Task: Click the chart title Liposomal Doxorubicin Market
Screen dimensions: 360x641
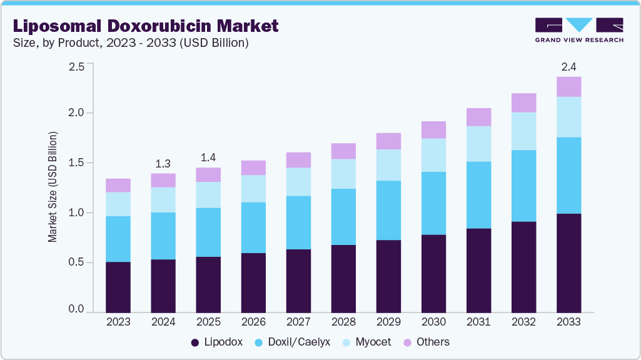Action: pyautogui.click(x=144, y=26)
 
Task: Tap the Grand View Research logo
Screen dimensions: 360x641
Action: pyautogui.click(x=578, y=30)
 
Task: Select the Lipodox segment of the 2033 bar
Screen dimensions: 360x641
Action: pyautogui.click(x=568, y=262)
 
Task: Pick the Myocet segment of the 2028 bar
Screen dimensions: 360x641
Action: pyautogui.click(x=343, y=174)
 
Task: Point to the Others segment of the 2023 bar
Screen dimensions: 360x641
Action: pyautogui.click(x=118, y=185)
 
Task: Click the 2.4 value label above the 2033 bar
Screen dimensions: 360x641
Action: pyautogui.click(x=568, y=66)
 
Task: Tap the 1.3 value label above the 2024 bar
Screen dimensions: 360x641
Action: pyautogui.click(x=163, y=163)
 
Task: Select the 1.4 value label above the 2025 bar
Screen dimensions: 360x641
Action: pyautogui.click(x=208, y=157)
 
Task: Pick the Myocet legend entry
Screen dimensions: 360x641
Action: pyautogui.click(x=367, y=342)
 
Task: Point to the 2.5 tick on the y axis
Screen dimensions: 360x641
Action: pyautogui.click(x=76, y=67)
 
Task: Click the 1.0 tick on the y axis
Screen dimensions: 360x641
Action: pyautogui.click(x=76, y=213)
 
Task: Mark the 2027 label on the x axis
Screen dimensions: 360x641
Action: pyautogui.click(x=298, y=322)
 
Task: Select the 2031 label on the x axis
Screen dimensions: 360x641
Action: pyautogui.click(x=478, y=322)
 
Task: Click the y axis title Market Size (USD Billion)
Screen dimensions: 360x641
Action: pyautogui.click(x=53, y=187)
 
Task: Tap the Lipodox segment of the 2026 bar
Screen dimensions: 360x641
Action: pyautogui.click(x=253, y=282)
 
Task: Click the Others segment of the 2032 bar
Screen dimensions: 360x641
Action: pyautogui.click(x=523, y=102)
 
